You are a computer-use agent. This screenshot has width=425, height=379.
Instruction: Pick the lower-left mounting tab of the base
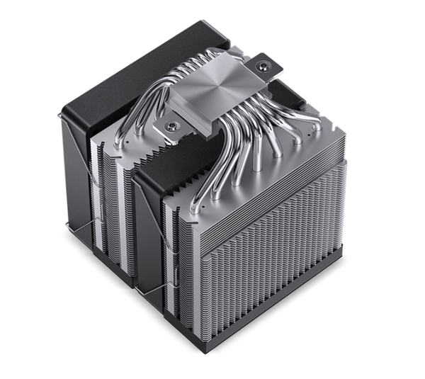167,128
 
